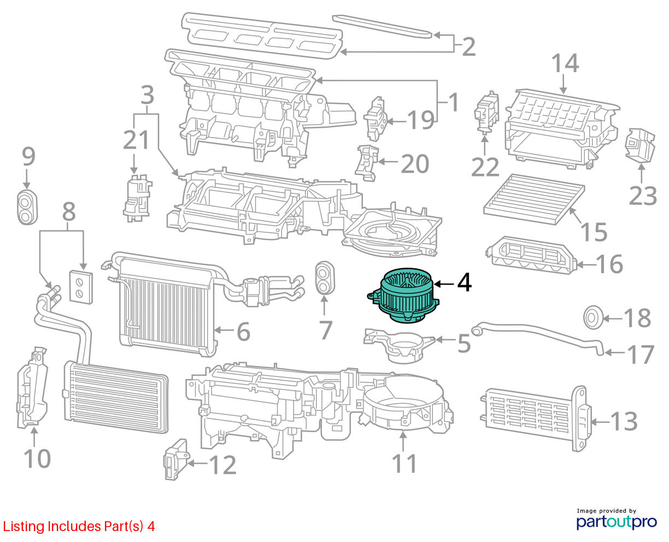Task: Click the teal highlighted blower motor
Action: (403, 295)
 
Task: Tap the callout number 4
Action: (464, 282)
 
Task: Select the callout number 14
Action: (565, 63)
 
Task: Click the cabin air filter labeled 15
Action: (534, 199)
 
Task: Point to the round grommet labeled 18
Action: (593, 317)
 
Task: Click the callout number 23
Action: (643, 196)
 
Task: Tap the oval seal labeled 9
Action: (27, 207)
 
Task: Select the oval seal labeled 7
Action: (325, 278)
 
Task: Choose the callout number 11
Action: (404, 463)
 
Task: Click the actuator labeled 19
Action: (375, 119)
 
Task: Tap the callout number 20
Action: (415, 163)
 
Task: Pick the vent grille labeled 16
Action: (531, 255)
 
